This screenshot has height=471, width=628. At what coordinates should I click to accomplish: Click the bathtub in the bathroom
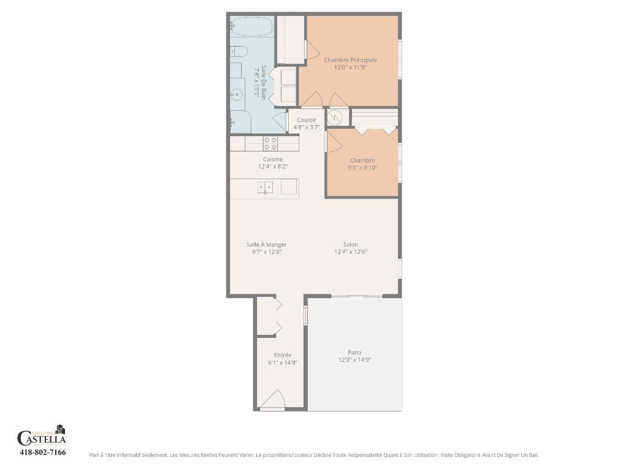(251, 27)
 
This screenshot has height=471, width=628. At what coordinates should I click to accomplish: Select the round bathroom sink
(237, 94)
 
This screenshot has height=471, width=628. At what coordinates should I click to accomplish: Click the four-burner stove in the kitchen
(270, 144)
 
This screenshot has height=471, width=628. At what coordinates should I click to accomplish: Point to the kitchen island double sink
(265, 188)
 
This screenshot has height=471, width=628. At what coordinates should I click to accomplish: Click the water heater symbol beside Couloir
(335, 117)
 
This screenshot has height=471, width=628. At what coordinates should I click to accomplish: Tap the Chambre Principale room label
(350, 60)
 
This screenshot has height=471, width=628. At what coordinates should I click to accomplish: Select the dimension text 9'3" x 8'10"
(362, 167)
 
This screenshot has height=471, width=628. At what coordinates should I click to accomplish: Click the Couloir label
(307, 120)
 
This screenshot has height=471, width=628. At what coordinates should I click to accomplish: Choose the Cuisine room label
(273, 159)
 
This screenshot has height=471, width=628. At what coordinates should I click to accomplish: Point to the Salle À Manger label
(267, 245)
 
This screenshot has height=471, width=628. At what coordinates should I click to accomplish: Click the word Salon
(351, 245)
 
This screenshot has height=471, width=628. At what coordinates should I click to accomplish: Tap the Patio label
(354, 353)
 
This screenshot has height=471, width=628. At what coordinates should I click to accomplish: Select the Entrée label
(283, 355)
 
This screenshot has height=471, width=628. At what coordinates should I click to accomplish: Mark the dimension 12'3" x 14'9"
(354, 360)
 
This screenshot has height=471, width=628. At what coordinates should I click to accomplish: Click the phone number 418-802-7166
(43, 453)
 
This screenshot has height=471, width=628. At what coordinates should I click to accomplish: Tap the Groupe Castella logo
(42, 436)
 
